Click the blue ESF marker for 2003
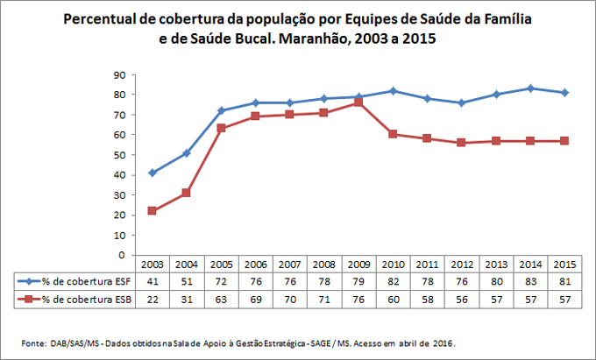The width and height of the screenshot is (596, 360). click(152, 173)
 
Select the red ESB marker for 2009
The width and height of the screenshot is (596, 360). click(358, 102)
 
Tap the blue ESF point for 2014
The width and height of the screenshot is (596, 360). click(531, 88)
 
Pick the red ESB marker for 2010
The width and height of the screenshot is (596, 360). click(394, 134)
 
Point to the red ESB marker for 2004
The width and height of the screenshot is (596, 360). click(187, 193)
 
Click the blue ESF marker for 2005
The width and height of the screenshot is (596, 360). click(221, 110)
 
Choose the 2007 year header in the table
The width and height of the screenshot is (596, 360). click(290, 265)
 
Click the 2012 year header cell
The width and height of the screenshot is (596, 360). click(462, 265)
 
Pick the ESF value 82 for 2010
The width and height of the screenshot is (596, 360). click(394, 281)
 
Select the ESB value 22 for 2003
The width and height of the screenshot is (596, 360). click(152, 299)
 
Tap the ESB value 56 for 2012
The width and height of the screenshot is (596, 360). click(462, 299)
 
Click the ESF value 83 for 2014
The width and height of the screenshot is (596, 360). click(531, 281)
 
